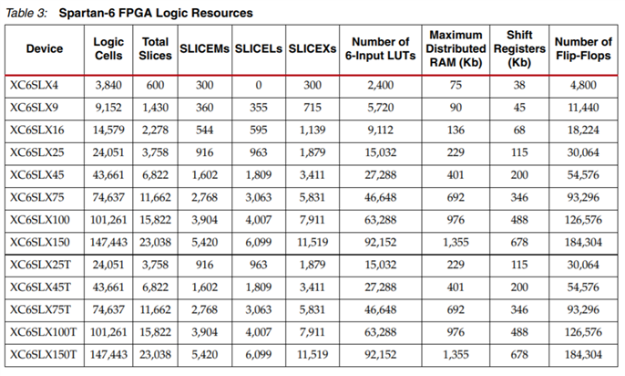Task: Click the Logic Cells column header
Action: click(x=108, y=48)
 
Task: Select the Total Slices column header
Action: click(x=154, y=48)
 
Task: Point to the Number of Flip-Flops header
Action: click(x=583, y=48)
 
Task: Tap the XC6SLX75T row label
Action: click(x=41, y=309)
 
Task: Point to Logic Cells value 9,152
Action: click(x=108, y=107)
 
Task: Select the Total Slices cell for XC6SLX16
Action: click(x=154, y=129)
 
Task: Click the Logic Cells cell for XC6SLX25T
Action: click(x=108, y=266)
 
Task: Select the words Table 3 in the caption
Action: click(x=26, y=14)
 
